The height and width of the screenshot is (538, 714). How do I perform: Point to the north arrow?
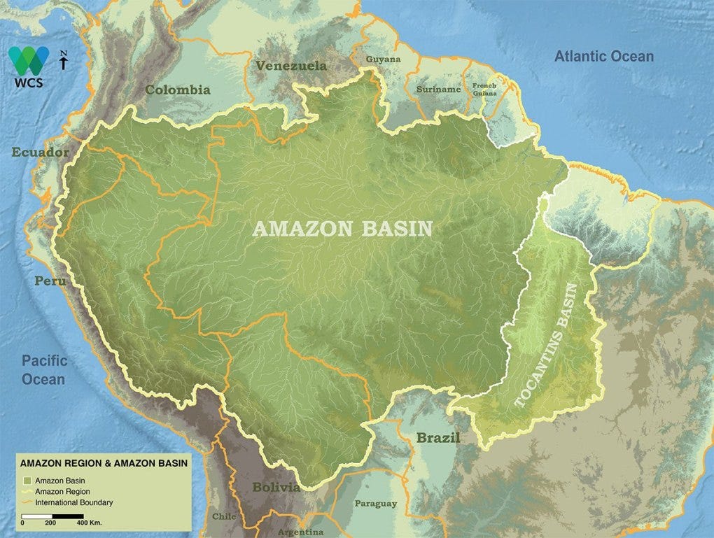click(64, 61)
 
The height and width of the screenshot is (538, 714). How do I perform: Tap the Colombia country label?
click(177, 90)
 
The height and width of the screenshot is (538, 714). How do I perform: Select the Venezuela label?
click(290, 66)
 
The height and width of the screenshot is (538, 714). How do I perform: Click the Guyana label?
click(384, 59)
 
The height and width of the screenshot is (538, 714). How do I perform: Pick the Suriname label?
click(438, 90)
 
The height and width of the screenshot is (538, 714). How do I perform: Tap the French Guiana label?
click(484, 90)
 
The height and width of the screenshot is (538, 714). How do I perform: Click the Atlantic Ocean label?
click(603, 57)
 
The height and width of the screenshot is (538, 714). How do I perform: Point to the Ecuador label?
click(40, 152)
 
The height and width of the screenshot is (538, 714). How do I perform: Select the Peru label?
click(50, 281)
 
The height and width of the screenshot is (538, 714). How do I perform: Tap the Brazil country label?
click(438, 439)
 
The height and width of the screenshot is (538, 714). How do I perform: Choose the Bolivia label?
click(276, 487)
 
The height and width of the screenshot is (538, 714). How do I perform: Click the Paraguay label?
click(375, 503)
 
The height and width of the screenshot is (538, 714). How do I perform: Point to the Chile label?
click(224, 516)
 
